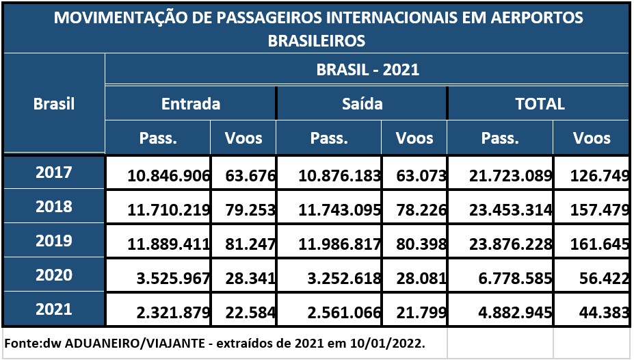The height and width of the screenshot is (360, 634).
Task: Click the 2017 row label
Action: pyautogui.click(x=53, y=172)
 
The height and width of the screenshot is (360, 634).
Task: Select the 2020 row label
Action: pyautogui.click(x=53, y=275)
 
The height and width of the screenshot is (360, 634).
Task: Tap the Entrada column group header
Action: pyautogui.click(x=191, y=103)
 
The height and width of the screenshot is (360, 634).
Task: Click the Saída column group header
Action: pyautogui.click(x=362, y=103)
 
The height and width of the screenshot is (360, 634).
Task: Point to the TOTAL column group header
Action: pyautogui.click(x=540, y=103)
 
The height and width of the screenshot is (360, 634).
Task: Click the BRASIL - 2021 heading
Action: pyautogui.click(x=367, y=69)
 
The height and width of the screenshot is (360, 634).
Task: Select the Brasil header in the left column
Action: pyautogui.click(x=54, y=104)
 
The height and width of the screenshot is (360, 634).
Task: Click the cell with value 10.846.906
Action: pyautogui.click(x=168, y=177)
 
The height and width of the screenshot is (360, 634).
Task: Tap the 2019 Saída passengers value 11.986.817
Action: pyautogui.click(x=339, y=244)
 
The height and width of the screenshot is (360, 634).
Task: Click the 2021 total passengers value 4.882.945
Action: pyautogui.click(x=510, y=311)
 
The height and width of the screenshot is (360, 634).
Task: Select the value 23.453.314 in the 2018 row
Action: pyautogui.click(x=510, y=210)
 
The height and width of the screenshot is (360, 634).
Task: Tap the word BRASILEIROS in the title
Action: pyautogui.click(x=317, y=41)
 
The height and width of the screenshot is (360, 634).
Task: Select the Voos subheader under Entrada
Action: pyautogui.click(x=243, y=138)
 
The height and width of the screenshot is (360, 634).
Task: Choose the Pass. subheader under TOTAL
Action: pyautogui.click(x=499, y=138)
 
